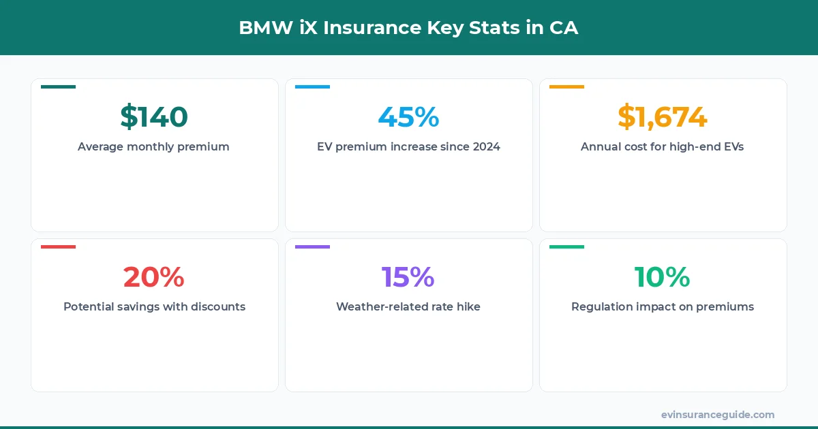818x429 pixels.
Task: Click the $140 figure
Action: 154,117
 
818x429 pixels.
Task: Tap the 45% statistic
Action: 408,117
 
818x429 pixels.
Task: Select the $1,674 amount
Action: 663,117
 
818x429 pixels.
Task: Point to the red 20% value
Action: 154,277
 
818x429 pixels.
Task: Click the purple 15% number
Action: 408,277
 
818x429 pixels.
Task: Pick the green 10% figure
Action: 663,277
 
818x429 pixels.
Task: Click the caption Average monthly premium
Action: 154,146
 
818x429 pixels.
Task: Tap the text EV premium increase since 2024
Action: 408,146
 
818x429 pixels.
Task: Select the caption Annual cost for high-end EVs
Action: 663,146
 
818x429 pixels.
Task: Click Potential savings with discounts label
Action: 154,306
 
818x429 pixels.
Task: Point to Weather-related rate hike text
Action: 408,306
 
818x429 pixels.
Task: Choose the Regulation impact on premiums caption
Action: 663,306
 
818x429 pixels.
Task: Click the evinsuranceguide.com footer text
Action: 718,415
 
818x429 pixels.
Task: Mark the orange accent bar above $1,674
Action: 566,86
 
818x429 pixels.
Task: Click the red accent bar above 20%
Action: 58,247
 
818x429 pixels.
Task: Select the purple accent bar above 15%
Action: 312,247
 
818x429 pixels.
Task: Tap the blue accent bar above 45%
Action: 312,86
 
